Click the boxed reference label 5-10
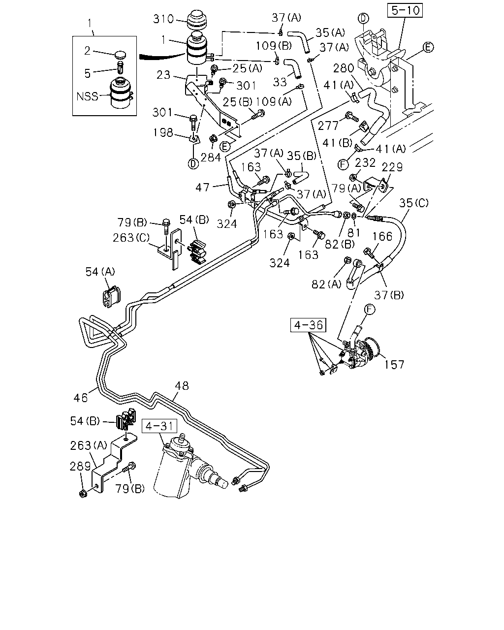[x=405, y=10]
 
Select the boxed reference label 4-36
[x=308, y=325]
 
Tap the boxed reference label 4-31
[x=159, y=426]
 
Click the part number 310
[x=163, y=19]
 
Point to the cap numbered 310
[x=196, y=21]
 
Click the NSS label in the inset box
[x=87, y=96]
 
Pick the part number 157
[x=394, y=365]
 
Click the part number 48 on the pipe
[x=182, y=386]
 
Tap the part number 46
[x=81, y=398]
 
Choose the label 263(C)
[x=131, y=238]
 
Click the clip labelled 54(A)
[x=111, y=297]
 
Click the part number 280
[x=344, y=68]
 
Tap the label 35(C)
[x=414, y=203]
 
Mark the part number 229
[x=392, y=167]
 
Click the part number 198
[x=163, y=132]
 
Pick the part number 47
[x=203, y=188]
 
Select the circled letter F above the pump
[x=370, y=310]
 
